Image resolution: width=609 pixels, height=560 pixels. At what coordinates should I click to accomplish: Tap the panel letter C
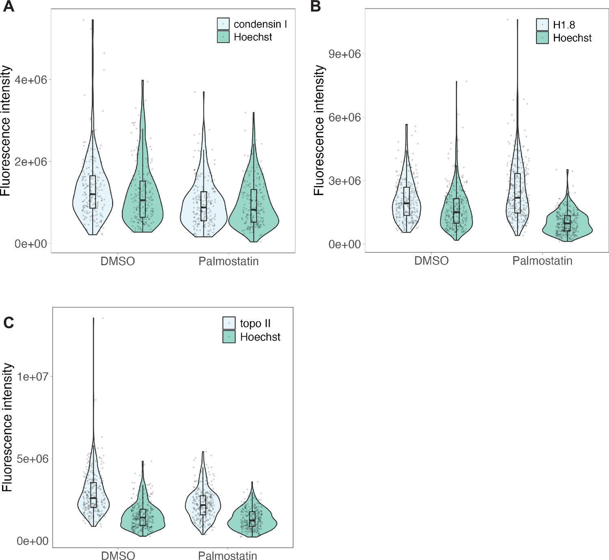pyautogui.click(x=9, y=322)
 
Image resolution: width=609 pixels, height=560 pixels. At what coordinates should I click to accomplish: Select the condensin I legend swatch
pyautogui.click(x=223, y=24)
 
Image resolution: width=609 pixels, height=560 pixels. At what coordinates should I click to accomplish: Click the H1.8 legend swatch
pyautogui.click(x=542, y=25)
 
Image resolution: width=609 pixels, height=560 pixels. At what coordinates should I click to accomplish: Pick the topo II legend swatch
pyautogui.click(x=229, y=323)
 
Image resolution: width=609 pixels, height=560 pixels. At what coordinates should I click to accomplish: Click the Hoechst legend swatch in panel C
pyautogui.click(x=229, y=337)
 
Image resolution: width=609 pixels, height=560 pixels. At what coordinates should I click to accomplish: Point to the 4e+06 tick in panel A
pyautogui.click(x=31, y=80)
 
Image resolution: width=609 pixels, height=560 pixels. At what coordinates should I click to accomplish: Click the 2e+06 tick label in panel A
pyautogui.click(x=31, y=162)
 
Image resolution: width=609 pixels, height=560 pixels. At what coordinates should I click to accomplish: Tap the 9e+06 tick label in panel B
pyautogui.click(x=345, y=54)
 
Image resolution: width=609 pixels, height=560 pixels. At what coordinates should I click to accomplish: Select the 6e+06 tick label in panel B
pyautogui.click(x=345, y=117)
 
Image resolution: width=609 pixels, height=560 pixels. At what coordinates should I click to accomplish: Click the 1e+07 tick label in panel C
pyautogui.click(x=32, y=377)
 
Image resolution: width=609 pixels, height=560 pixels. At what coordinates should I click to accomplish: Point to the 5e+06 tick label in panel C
pyautogui.click(x=32, y=459)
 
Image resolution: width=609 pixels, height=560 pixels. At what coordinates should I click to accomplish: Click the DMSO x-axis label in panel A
pyautogui.click(x=118, y=261)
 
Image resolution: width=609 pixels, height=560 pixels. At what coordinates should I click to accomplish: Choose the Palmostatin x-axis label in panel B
pyautogui.click(x=542, y=261)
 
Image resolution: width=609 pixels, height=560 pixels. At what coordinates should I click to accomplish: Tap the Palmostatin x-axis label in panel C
pyautogui.click(x=227, y=556)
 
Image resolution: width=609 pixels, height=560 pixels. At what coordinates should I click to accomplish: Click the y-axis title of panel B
pyautogui.click(x=320, y=130)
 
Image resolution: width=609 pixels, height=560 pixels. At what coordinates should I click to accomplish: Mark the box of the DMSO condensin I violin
pyautogui.click(x=93, y=192)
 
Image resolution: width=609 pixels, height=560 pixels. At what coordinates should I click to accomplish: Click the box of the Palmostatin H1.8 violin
pyautogui.click(x=517, y=193)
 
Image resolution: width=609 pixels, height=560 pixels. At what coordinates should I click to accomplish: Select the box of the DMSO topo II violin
pyautogui.click(x=93, y=495)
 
